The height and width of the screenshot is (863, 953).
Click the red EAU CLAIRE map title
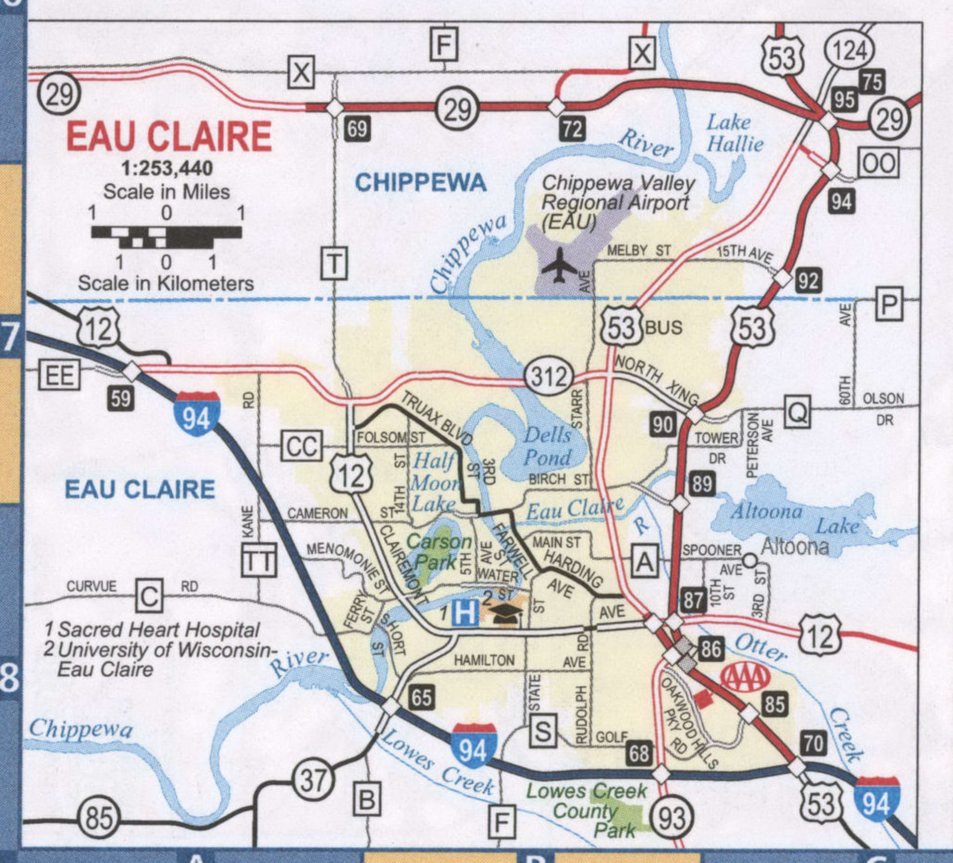click(169, 136)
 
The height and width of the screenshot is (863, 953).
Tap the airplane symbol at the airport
click(559, 265)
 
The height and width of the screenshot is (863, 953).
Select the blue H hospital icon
click(464, 612)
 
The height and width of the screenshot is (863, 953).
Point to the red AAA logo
click(745, 677)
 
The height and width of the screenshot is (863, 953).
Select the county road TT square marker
click(259, 560)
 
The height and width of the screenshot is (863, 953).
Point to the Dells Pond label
click(547, 446)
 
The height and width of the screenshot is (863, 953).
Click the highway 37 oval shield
click(312, 780)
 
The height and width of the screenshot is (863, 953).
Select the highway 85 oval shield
click(99, 818)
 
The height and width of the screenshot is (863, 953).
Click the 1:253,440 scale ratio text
click(167, 168)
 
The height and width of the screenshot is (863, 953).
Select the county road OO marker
click(879, 163)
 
